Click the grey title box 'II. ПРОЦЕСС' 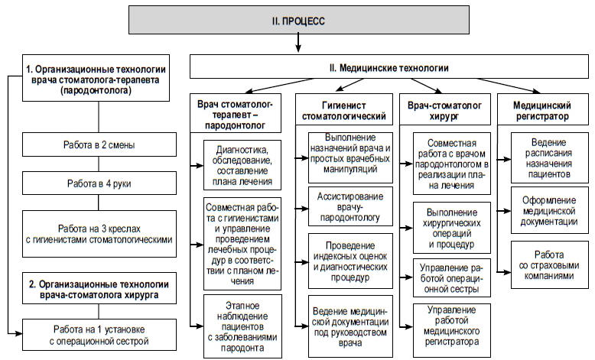coord(298,20)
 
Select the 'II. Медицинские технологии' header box coord(389,66)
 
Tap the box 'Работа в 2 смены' coord(99,144)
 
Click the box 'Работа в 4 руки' coord(99,183)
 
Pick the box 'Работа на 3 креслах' coord(99,234)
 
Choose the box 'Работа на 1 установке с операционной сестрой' coord(99,335)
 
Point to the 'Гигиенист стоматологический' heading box coord(344,109)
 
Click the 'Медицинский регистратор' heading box coord(543,109)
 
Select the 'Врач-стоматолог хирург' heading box coord(445,109)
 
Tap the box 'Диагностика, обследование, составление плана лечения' coord(242,165)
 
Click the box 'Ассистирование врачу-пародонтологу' coord(350,206)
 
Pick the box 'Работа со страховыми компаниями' coord(549,264)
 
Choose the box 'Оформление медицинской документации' coord(549,210)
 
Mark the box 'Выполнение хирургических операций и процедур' coord(451,228)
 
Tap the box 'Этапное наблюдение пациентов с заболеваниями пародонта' coord(242,326)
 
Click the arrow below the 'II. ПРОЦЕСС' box coord(298,43)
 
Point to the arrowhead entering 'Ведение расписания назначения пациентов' coord(507,160)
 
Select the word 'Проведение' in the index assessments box coord(350,245)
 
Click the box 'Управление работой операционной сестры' coord(451,277)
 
